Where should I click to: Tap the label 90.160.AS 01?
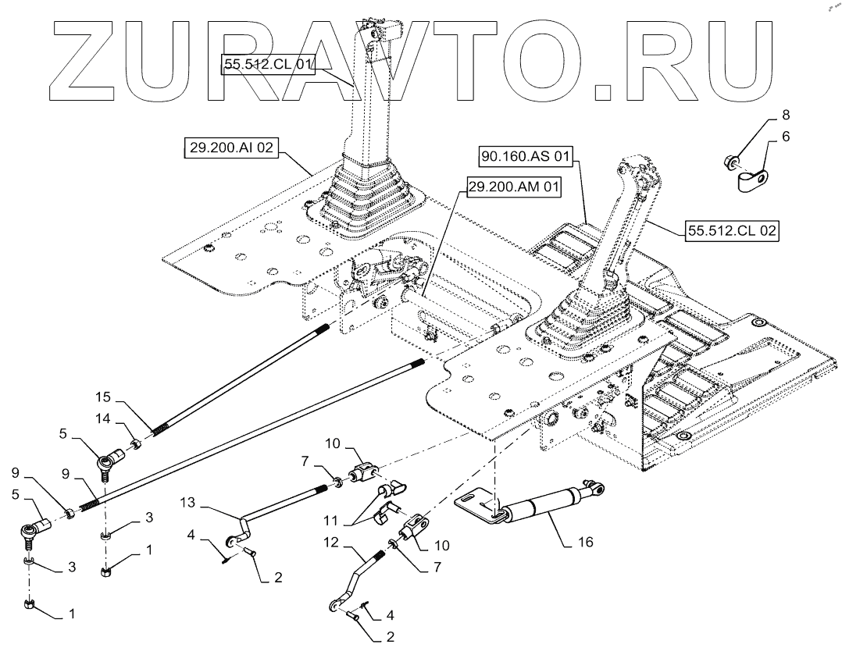point(526,157)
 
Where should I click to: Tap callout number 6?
point(785,136)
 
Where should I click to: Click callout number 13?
point(187,501)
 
